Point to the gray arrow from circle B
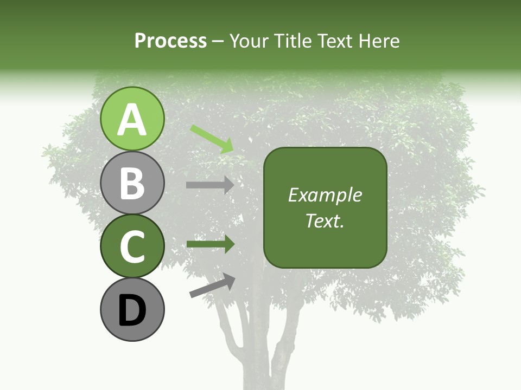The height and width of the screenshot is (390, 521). click(x=210, y=185)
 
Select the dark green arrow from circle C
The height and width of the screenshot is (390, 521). click(x=210, y=244)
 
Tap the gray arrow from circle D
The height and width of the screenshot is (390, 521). click(x=212, y=285)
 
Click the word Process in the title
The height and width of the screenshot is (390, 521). click(x=170, y=41)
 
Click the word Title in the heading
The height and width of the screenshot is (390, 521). click(x=291, y=41)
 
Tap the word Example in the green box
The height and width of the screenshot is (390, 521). click(x=325, y=195)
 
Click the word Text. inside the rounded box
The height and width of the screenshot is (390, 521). click(x=325, y=220)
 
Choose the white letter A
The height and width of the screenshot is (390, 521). click(x=132, y=120)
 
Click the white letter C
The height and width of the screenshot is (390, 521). click(x=132, y=248)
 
